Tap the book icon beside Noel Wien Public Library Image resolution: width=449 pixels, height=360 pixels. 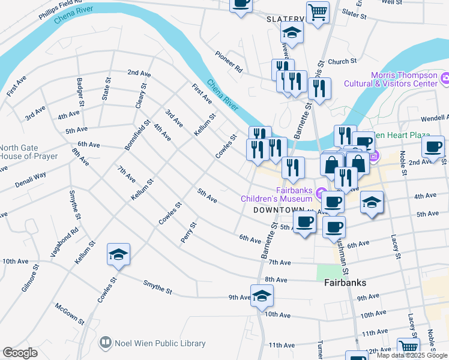click(106, 343)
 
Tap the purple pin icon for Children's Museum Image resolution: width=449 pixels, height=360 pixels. click(321, 194)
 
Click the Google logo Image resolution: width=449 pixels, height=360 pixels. click(20, 353)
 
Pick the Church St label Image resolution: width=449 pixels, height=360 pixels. click(342, 61)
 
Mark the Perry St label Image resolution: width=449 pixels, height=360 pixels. click(188, 233)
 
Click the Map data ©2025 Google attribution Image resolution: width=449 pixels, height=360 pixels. click(412, 355)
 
